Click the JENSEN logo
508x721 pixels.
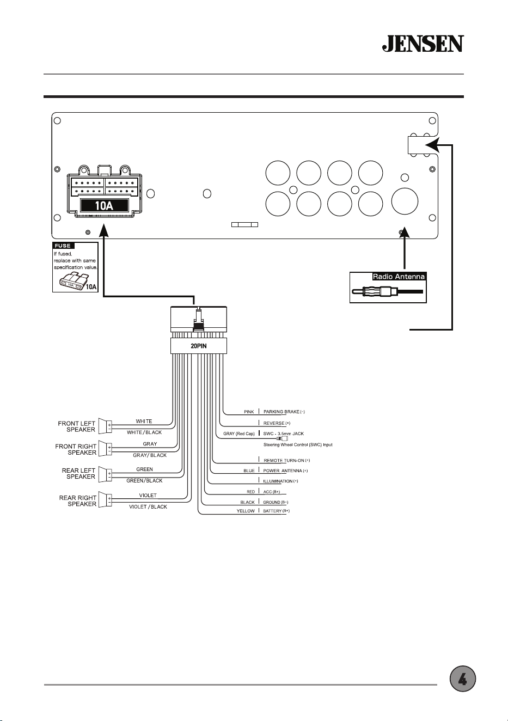click(423, 44)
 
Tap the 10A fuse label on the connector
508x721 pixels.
click(104, 205)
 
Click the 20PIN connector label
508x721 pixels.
click(199, 346)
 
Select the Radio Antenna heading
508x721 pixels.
click(399, 277)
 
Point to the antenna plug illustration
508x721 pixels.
click(388, 292)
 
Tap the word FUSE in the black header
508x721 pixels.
click(63, 246)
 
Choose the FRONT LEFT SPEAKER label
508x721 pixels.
click(77, 426)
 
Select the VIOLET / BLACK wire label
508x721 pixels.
click(148, 506)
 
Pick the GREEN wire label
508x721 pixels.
click(144, 469)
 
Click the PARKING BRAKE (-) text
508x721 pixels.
click(284, 412)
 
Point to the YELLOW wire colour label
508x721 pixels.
click(246, 511)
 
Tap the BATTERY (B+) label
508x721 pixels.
click(276, 511)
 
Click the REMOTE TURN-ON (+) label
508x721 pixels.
click(286, 461)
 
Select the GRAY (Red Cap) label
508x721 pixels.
click(239, 433)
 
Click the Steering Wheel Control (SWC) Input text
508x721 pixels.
click(298, 445)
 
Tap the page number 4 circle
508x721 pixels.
click(463, 679)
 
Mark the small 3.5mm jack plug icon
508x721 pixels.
click(282, 438)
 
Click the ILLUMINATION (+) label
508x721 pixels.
click(280, 481)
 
